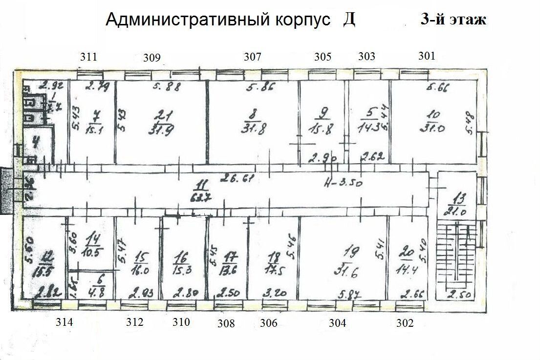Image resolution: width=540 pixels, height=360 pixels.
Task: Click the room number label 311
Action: click(x=88, y=57)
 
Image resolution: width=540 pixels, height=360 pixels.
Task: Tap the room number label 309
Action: click(x=152, y=58)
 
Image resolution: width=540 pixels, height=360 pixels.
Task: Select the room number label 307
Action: click(x=253, y=57)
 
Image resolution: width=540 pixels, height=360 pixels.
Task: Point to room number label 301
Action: click(x=427, y=56)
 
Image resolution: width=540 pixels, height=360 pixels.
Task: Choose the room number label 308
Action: click(x=226, y=323)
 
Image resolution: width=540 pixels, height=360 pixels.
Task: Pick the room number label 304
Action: click(x=337, y=323)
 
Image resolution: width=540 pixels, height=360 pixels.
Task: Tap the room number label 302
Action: click(x=405, y=323)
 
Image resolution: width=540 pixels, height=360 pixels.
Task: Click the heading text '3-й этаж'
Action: click(x=453, y=20)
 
